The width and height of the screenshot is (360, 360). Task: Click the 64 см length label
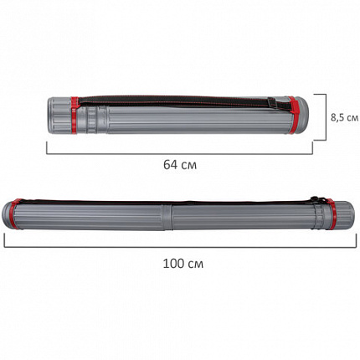(180, 165)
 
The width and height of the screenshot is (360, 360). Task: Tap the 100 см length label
(183, 264)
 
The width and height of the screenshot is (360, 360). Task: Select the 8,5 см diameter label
(345, 117)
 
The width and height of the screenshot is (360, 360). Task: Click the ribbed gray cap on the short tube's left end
(59, 115)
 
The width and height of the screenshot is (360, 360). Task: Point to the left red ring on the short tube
(75, 115)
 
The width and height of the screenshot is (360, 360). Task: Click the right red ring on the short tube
(293, 115)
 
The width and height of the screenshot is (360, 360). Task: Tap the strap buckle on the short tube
(272, 102)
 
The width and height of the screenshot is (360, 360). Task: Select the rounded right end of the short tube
(303, 115)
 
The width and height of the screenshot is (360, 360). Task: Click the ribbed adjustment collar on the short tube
(91, 120)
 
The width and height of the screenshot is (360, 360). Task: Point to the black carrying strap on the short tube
(173, 101)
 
